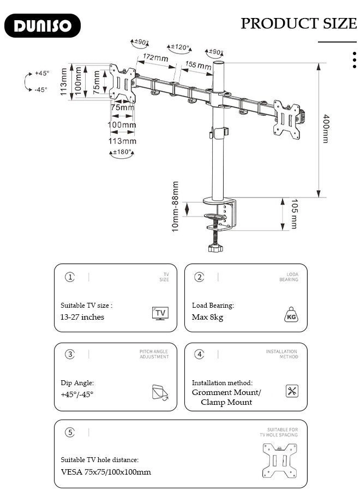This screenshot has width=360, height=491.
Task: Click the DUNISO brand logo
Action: [43, 26]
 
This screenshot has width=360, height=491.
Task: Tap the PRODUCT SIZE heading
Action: [298, 23]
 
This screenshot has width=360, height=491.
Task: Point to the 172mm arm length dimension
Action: [155, 58]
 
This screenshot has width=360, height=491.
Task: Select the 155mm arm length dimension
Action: [198, 66]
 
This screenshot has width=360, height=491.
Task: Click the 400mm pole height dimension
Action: [326, 129]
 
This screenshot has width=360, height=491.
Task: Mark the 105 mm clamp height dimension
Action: [294, 214]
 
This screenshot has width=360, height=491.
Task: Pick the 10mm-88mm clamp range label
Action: [176, 207]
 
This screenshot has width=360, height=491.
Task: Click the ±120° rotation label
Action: [179, 48]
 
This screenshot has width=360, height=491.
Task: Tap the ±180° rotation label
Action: [122, 152]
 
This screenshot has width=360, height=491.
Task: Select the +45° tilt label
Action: [41, 73]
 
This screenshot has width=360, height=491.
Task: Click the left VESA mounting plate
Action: [122, 83]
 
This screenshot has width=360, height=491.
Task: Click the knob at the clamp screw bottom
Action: [215, 249]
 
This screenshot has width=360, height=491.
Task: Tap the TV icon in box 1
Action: [160, 313]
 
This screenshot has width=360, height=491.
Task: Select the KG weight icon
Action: [291, 315]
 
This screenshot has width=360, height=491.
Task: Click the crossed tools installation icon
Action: [292, 391]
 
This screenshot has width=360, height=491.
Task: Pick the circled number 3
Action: [70, 354]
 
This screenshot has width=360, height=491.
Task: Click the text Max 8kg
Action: [207, 317]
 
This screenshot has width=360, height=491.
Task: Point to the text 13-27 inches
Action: [82, 317]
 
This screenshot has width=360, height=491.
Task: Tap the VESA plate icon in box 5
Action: [279, 460]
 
